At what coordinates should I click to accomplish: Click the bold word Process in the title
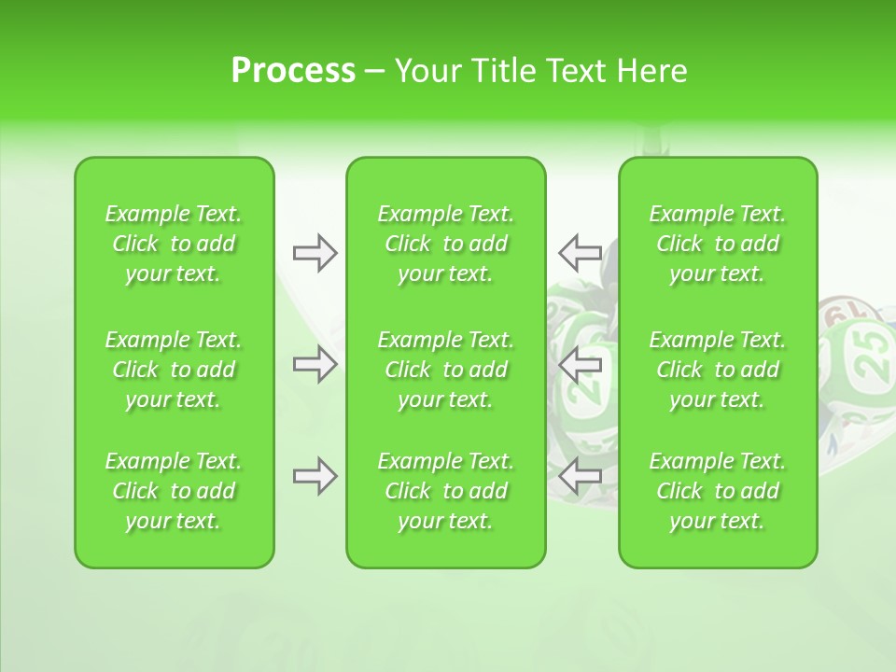(x=293, y=71)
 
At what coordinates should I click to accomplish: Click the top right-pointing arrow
(x=315, y=253)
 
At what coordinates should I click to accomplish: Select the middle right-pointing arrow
(x=315, y=363)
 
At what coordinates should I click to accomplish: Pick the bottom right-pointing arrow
(x=315, y=477)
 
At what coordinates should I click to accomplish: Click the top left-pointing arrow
(x=580, y=252)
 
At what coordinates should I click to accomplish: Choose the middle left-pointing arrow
(x=580, y=363)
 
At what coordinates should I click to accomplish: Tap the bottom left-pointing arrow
(x=580, y=476)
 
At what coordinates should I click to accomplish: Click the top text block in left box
(x=174, y=244)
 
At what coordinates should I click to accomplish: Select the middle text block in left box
(x=174, y=370)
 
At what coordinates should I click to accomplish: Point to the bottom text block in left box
(x=174, y=491)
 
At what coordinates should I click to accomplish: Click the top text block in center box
(x=445, y=244)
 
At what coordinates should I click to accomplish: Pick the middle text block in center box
(x=445, y=370)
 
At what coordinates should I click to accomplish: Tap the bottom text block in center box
(x=445, y=491)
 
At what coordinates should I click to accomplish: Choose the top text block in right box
(x=717, y=244)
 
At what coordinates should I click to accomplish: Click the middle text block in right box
(x=717, y=370)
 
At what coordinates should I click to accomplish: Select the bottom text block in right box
(x=717, y=491)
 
